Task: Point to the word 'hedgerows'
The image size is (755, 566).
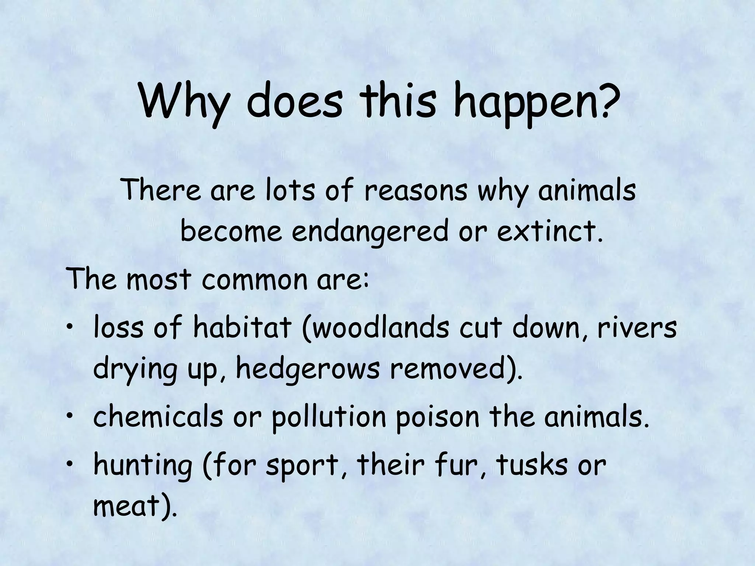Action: click(x=308, y=370)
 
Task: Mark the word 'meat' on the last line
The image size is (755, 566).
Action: click(x=126, y=506)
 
